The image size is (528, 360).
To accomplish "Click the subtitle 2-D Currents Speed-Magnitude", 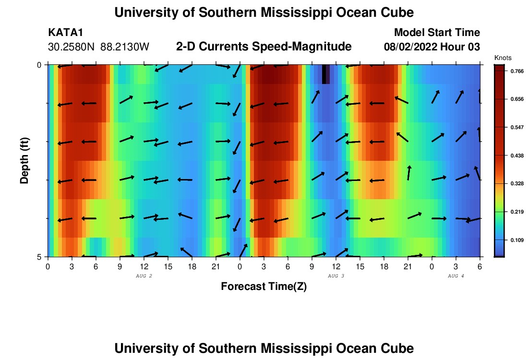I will (264, 47).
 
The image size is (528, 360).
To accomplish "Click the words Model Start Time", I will (437, 33).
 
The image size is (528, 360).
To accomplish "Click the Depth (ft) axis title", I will (24, 160).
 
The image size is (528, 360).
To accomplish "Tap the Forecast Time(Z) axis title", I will (264, 287).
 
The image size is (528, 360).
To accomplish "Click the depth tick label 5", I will (39, 257).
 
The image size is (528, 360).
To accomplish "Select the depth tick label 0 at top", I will (39, 65).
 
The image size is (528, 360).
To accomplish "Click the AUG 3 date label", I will (336, 276).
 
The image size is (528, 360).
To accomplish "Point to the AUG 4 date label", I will (456, 276).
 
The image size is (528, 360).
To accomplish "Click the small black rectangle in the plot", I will (326, 74).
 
